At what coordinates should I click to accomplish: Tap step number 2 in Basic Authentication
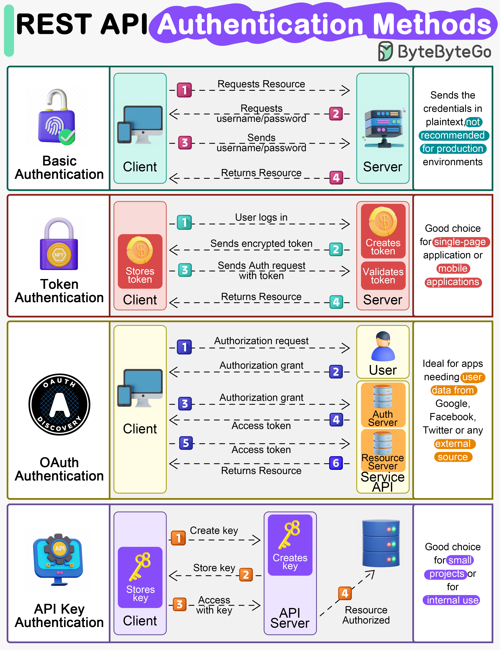[336, 114]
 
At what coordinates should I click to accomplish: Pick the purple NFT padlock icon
[59, 244]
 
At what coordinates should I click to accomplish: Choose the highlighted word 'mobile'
[453, 268]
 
